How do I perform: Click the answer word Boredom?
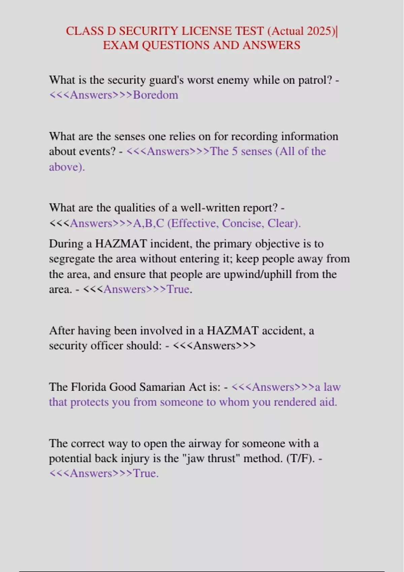156,95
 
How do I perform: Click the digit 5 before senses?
235,151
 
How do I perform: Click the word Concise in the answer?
243,223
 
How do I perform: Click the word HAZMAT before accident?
232,330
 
